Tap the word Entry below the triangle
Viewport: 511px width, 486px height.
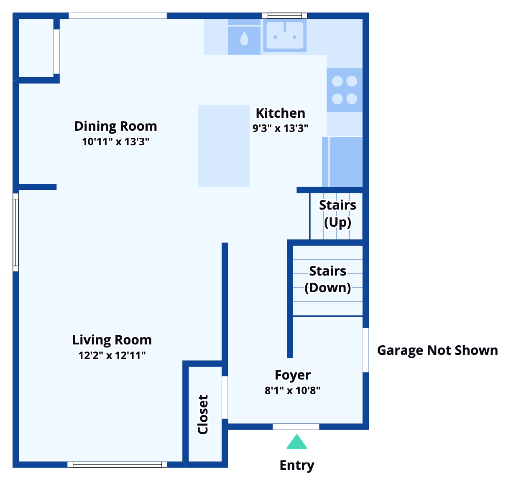point(297,465)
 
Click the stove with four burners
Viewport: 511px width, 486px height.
point(345,90)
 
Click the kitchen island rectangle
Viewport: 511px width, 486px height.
point(224,146)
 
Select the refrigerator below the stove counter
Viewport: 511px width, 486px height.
point(342,162)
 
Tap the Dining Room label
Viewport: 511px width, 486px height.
point(115,126)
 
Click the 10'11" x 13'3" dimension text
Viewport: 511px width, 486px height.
point(115,142)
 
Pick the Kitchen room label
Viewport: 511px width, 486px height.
point(280,113)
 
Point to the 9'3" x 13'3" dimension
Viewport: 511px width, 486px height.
point(280,128)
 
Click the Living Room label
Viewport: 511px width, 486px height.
point(112,340)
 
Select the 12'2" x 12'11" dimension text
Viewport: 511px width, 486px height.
point(112,355)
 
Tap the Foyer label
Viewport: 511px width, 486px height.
point(293,375)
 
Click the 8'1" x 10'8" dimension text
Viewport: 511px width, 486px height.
point(293,390)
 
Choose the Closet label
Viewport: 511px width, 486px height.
point(203,415)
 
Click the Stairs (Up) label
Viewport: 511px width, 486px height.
point(337,213)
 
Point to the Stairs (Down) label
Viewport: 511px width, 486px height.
point(327,279)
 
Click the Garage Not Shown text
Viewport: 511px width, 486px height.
point(437,350)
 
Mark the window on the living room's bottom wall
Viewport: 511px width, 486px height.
point(117,464)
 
